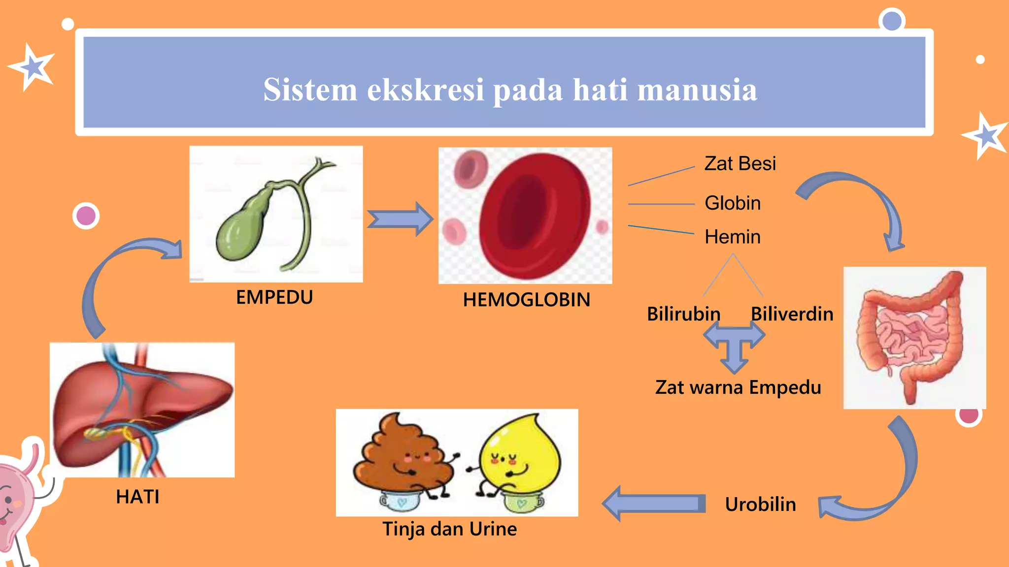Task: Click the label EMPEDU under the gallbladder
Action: pos(274,297)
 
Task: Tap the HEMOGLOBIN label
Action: pos(526,300)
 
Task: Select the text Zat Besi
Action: pos(740,163)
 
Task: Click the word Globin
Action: pos(732,203)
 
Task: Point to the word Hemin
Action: pos(732,237)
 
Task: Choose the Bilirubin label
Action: pos(683,314)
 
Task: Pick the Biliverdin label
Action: pos(792,314)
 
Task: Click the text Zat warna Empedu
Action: pos(738,387)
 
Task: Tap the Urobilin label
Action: pos(760,504)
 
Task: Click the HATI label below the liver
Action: pos(137,497)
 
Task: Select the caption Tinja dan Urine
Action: pos(449,529)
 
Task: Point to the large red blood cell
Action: pos(535,217)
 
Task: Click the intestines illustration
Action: pos(914,337)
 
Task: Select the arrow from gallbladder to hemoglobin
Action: pos(400,219)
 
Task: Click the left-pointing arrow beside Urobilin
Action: pos(653,504)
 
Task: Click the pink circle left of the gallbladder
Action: pos(86,216)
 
